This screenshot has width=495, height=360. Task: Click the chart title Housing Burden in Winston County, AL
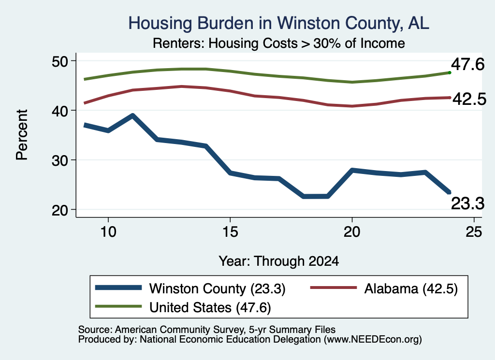coord(278,23)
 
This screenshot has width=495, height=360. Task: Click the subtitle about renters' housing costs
coord(279,43)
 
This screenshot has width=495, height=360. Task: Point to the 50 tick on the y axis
coord(60,61)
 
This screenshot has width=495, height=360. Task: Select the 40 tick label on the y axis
coord(60,111)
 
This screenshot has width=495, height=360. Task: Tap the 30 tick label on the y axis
coord(60,160)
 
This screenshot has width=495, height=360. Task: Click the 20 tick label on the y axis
coord(60,210)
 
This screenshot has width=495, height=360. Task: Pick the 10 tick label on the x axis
coord(108,232)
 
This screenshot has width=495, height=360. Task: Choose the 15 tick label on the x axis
coord(230,232)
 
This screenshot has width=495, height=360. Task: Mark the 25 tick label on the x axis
coord(474,232)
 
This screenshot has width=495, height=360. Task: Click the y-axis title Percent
coord(22,135)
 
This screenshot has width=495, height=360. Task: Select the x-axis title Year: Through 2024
coord(279,261)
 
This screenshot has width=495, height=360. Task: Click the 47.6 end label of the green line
coord(467,65)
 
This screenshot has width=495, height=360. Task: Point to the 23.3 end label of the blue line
coord(467,203)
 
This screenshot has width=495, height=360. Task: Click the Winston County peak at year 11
coord(133,116)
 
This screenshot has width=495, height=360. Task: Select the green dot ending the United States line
coord(450,73)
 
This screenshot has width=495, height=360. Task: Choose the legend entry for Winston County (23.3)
coord(190,288)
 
